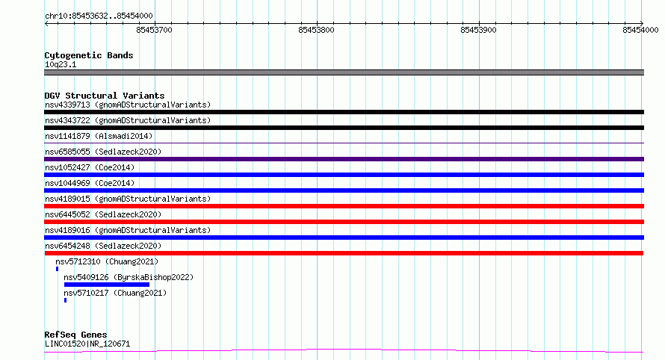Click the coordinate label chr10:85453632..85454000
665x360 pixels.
(x=99, y=16)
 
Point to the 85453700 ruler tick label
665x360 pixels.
(x=155, y=30)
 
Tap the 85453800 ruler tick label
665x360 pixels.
(x=316, y=30)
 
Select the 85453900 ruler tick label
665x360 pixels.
(x=478, y=30)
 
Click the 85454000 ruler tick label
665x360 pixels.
(x=640, y=30)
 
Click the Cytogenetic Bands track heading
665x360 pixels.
(x=89, y=55)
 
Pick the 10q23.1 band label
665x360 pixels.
(x=61, y=64)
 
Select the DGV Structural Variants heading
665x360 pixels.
(x=105, y=96)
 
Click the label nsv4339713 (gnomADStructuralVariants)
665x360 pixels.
(x=128, y=105)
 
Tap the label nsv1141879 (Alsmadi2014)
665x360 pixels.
(x=99, y=136)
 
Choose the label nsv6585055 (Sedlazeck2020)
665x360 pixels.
(x=103, y=152)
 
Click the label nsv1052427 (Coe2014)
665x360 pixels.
(x=90, y=167)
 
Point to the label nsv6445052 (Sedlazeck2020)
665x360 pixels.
(x=103, y=214)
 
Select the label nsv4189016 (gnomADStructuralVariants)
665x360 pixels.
(x=128, y=230)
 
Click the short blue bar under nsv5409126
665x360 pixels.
(x=106, y=285)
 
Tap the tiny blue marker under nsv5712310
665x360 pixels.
(x=57, y=269)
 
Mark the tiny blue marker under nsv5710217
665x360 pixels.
(x=65, y=300)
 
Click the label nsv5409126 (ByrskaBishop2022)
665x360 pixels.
(x=129, y=277)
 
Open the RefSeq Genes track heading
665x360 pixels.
(x=75, y=335)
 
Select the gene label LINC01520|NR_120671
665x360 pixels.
(x=87, y=344)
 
